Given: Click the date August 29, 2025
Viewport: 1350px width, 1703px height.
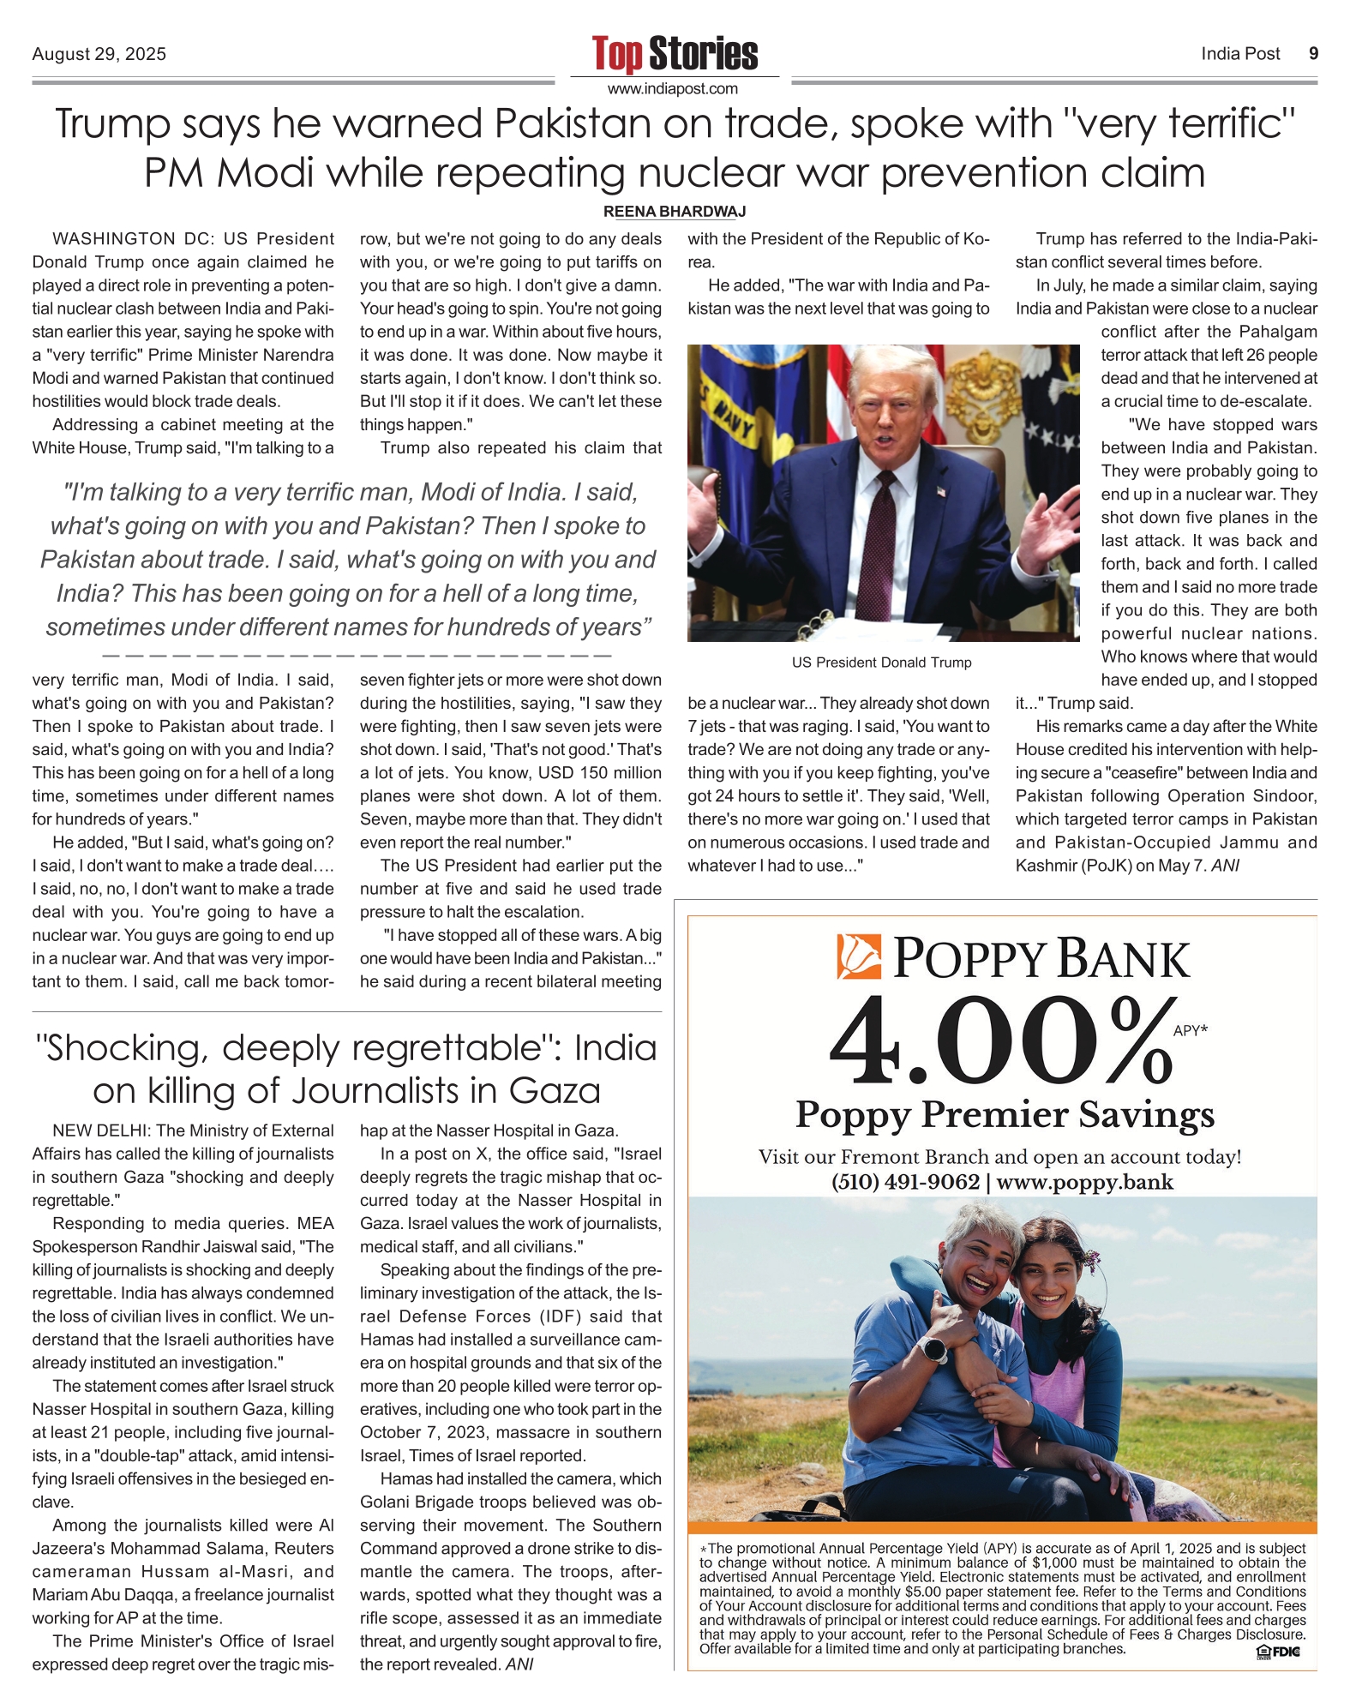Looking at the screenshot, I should [x=99, y=55].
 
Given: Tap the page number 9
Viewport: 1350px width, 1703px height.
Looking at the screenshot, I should [x=1313, y=54].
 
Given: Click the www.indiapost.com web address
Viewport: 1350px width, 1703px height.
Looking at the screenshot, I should [x=673, y=89].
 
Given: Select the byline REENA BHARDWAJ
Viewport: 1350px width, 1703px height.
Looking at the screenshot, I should [x=675, y=212].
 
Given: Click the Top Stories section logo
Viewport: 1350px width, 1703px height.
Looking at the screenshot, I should [x=675, y=53].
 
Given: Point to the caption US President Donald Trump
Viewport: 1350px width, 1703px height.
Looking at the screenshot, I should [x=881, y=663].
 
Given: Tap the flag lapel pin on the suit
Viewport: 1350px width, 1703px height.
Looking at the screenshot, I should [x=941, y=492].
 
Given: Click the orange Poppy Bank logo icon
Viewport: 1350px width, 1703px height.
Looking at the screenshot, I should [x=859, y=957].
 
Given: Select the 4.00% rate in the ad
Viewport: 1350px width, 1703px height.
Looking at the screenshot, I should [x=999, y=1042].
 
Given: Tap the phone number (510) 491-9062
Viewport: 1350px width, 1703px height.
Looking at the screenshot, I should [x=905, y=1183].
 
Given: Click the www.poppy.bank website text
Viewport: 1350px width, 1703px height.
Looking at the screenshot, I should [x=1085, y=1183].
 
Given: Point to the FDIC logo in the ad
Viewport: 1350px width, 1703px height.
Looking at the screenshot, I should [x=1277, y=1652].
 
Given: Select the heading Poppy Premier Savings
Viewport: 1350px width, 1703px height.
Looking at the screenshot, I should [x=1005, y=1115].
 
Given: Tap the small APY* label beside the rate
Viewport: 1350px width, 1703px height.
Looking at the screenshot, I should [x=1190, y=1031].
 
